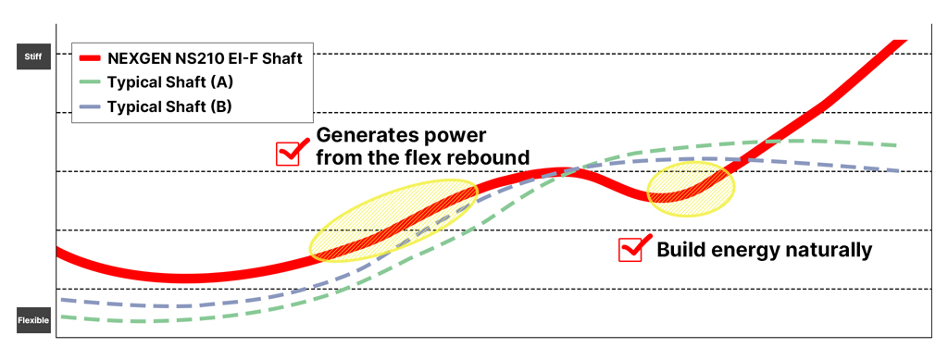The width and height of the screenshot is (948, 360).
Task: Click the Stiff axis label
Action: point(32,56)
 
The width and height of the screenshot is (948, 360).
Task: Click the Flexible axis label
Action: point(32,320)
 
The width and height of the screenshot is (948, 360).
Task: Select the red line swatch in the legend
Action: point(90,58)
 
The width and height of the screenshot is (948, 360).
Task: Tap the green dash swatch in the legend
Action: point(90,81)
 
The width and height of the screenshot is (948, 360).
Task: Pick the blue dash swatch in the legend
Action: point(90,106)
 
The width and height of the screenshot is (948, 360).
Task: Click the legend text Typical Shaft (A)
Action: point(169,82)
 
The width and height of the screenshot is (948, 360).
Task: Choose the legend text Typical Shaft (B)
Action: point(169,106)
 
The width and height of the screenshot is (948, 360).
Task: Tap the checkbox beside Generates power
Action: point(288,155)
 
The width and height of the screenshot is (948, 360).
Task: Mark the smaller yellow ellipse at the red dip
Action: point(691,189)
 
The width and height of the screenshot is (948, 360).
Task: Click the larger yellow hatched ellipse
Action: point(393,220)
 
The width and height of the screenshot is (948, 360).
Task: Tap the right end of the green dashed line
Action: point(895,145)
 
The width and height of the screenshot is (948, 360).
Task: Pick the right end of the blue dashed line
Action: point(898,170)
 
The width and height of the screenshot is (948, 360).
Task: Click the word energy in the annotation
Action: point(741,251)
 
